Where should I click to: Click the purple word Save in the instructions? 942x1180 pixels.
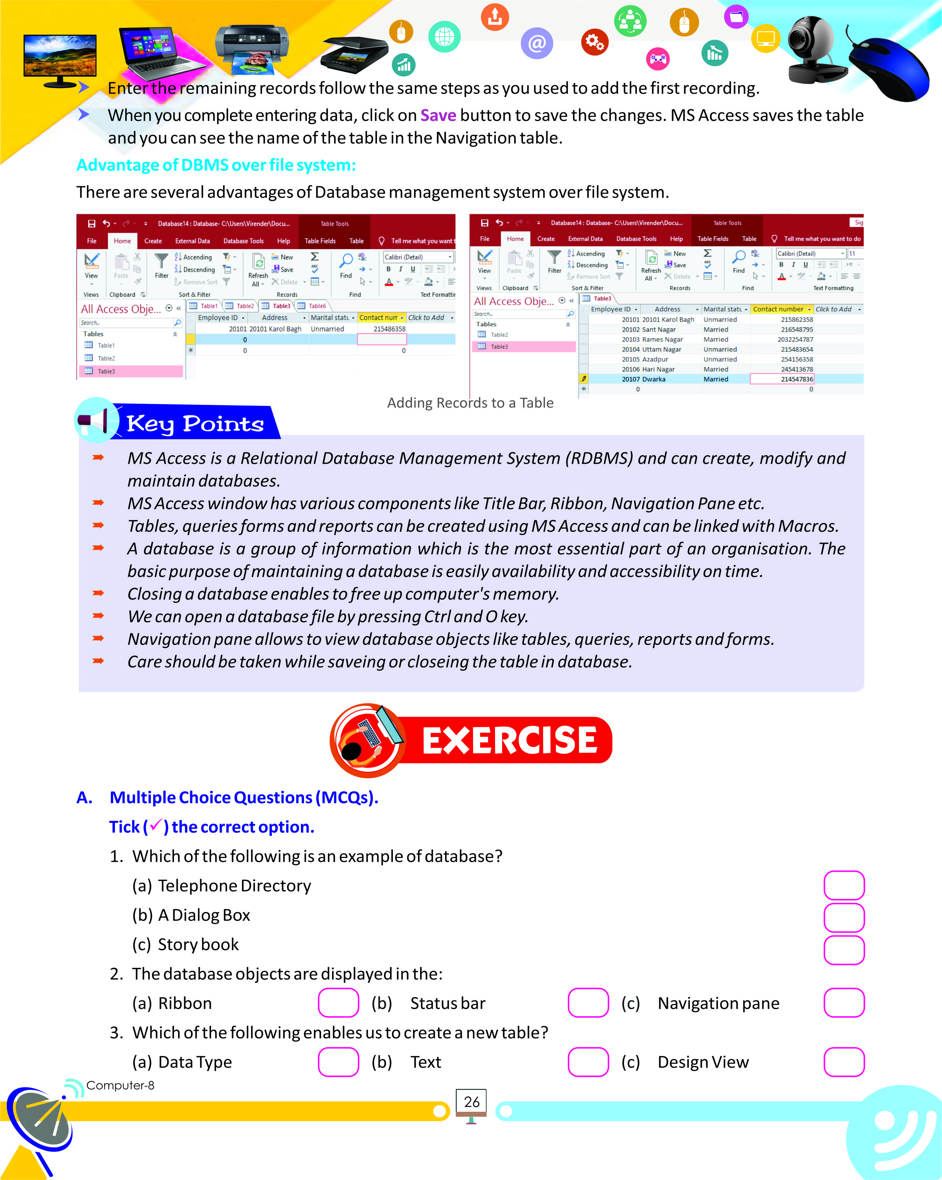[438, 116]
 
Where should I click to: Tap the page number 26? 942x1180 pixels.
[471, 1102]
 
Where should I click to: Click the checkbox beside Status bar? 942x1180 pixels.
[588, 1003]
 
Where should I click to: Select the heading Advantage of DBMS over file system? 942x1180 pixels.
[216, 165]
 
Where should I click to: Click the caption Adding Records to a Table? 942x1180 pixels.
[470, 403]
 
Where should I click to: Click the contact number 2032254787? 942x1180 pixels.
[795, 339]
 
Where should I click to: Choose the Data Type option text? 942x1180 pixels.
[195, 1062]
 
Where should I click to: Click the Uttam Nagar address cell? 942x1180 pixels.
[661, 349]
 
